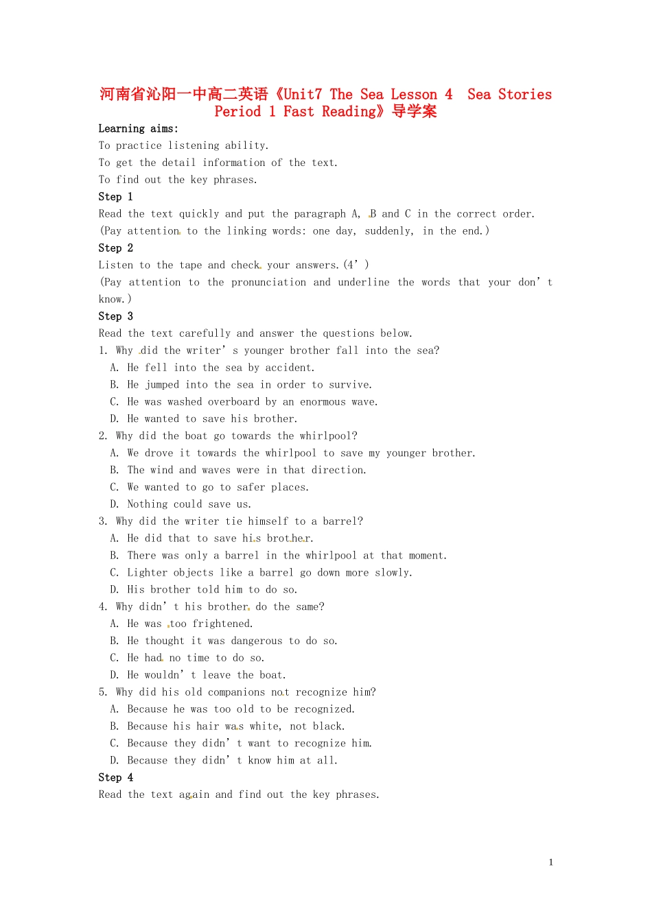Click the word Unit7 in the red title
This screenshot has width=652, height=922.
tap(303, 95)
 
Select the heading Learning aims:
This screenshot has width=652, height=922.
tap(138, 128)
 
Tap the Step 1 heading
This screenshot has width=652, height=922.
tap(115, 197)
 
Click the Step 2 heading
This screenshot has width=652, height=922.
tap(115, 248)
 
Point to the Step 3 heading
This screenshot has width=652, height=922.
tap(115, 316)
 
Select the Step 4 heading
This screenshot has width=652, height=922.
tap(115, 777)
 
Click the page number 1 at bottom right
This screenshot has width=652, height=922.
tap(550, 862)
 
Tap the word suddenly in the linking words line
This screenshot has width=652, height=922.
tap(389, 231)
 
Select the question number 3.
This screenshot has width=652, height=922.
tap(102, 521)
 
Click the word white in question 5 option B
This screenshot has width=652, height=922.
tap(264, 726)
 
